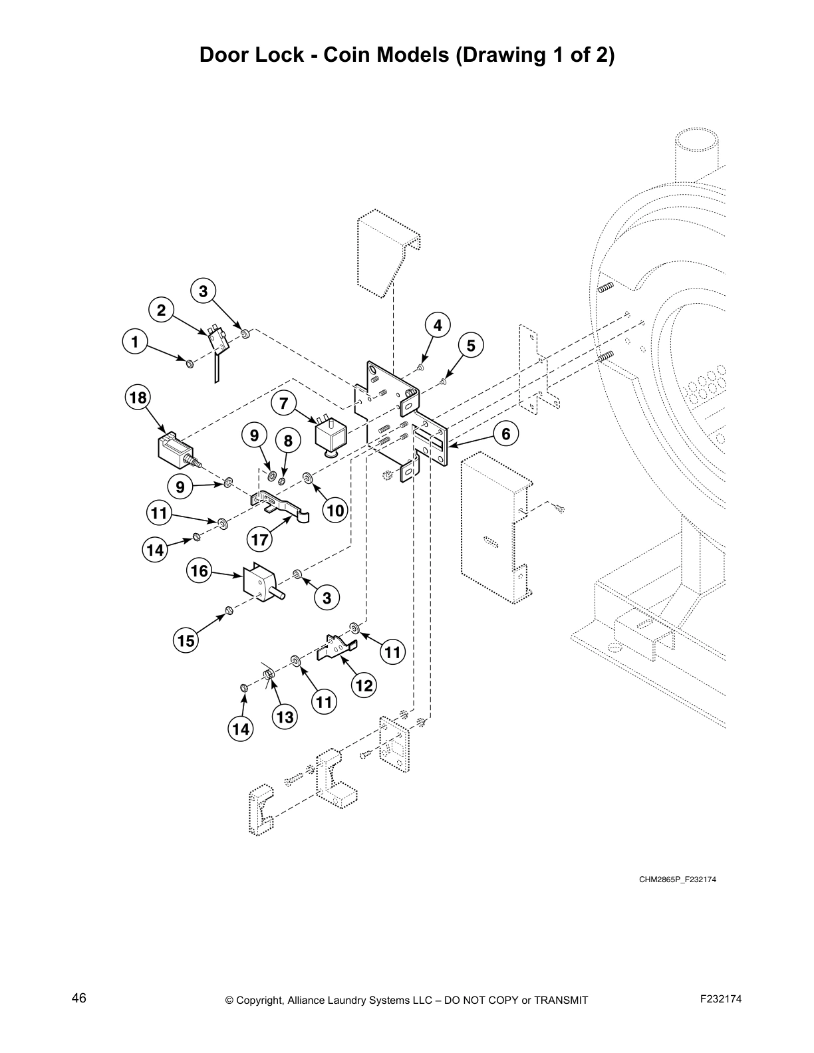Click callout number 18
coord(138,398)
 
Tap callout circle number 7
coord(284,403)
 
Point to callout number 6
coord(505,434)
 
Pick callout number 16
coord(200,571)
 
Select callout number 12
coord(364,685)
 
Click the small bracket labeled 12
coord(338,647)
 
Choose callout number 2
coord(161,310)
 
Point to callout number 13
coord(285,717)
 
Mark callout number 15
coord(186,640)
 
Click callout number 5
coord(471,346)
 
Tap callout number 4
coord(437,325)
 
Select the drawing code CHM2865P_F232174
coord(678,879)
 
